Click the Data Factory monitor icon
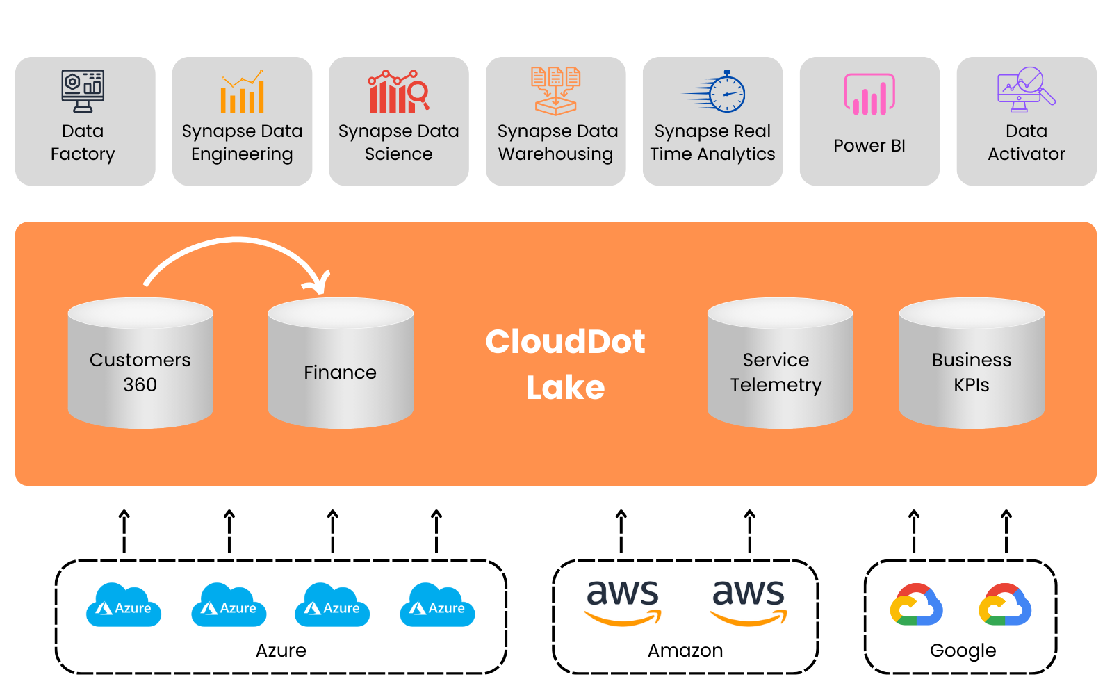(83, 91)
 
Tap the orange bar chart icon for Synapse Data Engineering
(242, 92)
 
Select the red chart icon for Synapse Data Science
(398, 92)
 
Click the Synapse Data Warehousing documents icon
(555, 91)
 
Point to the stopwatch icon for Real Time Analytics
(716, 92)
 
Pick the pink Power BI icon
(869, 95)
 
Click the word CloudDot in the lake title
(565, 341)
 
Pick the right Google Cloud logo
(1005, 605)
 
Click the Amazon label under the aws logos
(685, 651)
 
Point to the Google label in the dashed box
(963, 651)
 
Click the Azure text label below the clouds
(281, 651)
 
